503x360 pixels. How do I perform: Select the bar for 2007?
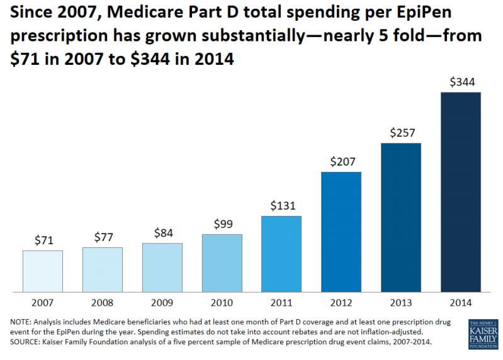[x=42, y=271]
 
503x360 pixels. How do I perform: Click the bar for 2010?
[x=222, y=263]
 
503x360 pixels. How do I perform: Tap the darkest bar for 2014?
[x=461, y=192]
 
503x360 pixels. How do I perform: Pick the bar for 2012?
[x=341, y=232]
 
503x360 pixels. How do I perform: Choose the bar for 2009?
[x=162, y=267]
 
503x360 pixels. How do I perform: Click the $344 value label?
[x=461, y=82]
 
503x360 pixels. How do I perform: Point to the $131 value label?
[x=281, y=205]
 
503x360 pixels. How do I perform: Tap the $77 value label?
[x=103, y=237]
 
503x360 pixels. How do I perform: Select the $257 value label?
[x=401, y=133]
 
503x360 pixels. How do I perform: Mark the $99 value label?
[x=222, y=224]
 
